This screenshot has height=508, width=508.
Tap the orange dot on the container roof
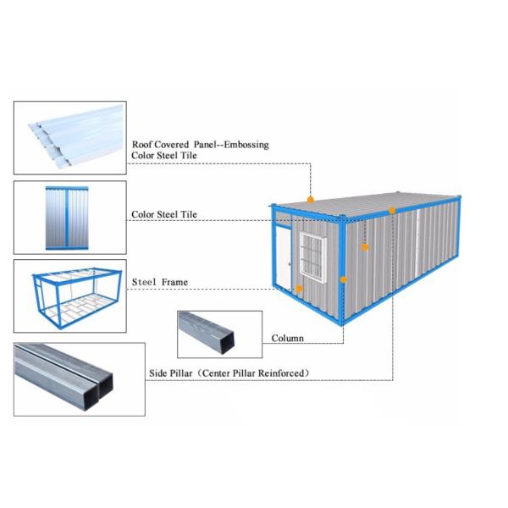click(x=311, y=200)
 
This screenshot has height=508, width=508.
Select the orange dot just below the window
click(x=299, y=289)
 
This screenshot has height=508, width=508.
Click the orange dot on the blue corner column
click(x=343, y=279)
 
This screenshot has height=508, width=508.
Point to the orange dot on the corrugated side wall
click(x=365, y=247)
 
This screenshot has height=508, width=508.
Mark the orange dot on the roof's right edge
click(x=392, y=210)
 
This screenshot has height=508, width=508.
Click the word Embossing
click(x=245, y=145)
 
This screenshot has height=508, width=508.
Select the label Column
click(x=287, y=339)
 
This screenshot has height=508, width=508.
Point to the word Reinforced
click(x=280, y=373)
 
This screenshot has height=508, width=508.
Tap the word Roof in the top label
click(x=143, y=145)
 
